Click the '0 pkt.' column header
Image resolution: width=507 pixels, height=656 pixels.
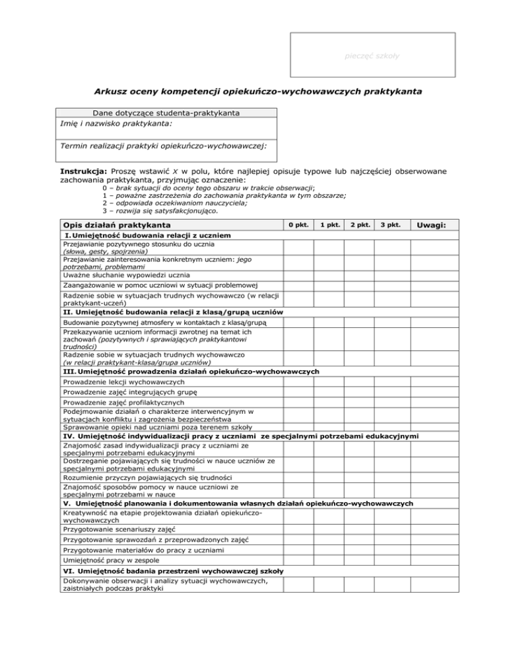point(298,226)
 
